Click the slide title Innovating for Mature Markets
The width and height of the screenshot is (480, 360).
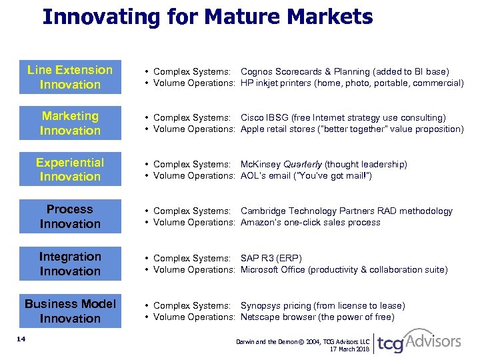click(207, 16)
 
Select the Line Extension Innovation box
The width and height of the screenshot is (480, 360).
click(70, 77)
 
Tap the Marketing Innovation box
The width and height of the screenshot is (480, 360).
click(70, 123)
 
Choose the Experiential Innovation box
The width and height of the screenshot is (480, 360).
click(70, 169)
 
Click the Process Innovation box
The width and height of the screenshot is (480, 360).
click(70, 217)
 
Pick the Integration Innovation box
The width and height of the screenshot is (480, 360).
click(70, 264)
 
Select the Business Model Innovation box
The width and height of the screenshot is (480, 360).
click(70, 311)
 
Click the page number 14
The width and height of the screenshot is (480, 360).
click(21, 339)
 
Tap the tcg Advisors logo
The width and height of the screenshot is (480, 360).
click(419, 342)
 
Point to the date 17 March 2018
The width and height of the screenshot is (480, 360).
click(350, 349)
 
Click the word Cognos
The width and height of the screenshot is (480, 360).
click(256, 71)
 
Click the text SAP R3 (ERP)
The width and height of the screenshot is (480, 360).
click(271, 258)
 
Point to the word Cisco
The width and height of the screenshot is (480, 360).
click(251, 118)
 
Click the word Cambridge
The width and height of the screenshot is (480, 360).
click(263, 211)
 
